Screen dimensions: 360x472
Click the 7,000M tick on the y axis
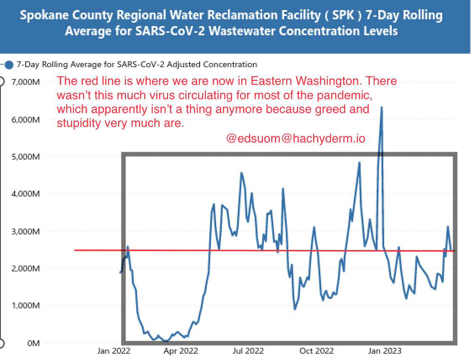click(27, 81)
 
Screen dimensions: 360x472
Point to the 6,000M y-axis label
click(27, 119)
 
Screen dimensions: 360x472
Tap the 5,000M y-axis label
click(27, 157)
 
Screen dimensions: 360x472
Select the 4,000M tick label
click(27, 194)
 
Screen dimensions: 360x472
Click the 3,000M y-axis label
click(27, 231)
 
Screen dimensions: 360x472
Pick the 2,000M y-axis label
click(27, 268)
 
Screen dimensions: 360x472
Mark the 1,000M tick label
click(27, 305)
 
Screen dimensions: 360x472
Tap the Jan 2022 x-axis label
click(114, 350)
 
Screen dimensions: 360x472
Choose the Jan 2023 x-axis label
click(385, 350)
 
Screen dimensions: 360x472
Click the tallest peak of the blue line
click(382, 108)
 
